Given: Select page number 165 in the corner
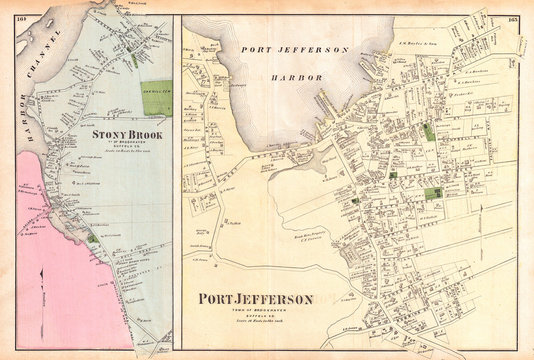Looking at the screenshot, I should pyautogui.click(x=512, y=18).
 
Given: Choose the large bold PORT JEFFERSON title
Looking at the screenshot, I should pyautogui.click(x=257, y=299).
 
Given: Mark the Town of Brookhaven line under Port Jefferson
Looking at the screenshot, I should pyautogui.click(x=257, y=312).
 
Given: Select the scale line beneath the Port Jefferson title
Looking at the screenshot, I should pyautogui.click(x=257, y=324).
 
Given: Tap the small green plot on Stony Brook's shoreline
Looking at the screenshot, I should pyautogui.click(x=92, y=238).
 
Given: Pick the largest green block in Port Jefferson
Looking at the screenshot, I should pyautogui.click(x=432, y=194).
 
